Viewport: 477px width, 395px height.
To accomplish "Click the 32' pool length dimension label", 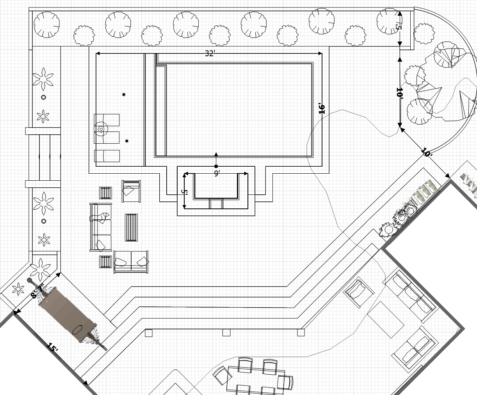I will [x=210, y=53].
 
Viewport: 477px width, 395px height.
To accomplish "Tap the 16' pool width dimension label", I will [x=322, y=109].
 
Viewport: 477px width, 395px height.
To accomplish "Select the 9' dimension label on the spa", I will [x=217, y=173].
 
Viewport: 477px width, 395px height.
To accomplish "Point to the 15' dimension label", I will [x=52, y=348].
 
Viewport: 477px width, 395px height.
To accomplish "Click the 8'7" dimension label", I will [x=38, y=291].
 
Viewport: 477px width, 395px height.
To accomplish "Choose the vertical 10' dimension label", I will [x=399, y=93].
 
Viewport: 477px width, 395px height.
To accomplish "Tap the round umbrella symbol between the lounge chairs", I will [x=101, y=129].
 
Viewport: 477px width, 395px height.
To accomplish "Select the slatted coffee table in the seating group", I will [x=131, y=228].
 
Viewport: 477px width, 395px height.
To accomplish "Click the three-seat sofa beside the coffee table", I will [x=100, y=227].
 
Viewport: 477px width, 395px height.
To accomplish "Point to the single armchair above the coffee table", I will [x=131, y=191].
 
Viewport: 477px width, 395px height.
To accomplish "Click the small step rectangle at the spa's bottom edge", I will [x=215, y=204].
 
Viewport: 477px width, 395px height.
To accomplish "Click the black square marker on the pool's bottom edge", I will [x=216, y=166].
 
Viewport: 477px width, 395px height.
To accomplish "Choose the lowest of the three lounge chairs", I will [x=107, y=155].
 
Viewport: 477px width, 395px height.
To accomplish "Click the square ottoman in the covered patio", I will [x=386, y=319].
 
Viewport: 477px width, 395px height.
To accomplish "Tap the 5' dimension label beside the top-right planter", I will [x=398, y=27].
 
